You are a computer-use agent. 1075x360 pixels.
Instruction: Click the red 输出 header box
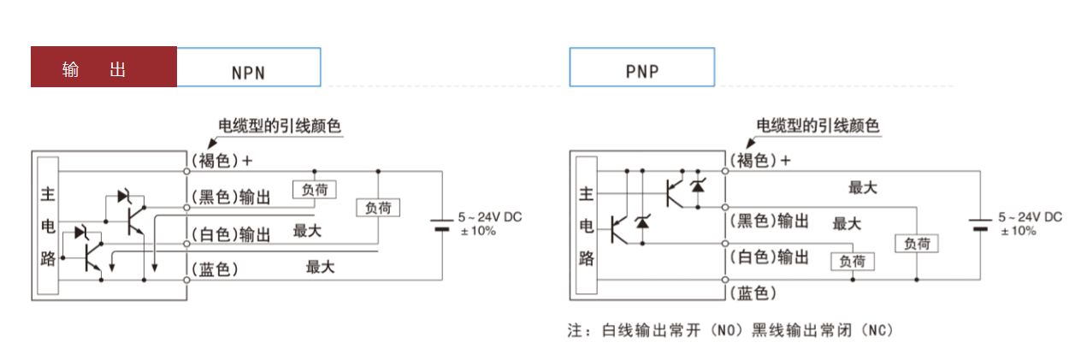pos(103,67)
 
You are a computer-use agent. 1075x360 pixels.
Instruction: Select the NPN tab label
pos(248,72)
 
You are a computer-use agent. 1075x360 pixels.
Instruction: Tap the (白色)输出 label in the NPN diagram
pos(230,234)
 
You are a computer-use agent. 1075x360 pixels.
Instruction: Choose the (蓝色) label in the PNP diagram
pos(753,293)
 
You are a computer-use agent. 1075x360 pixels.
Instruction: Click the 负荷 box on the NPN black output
pos(314,190)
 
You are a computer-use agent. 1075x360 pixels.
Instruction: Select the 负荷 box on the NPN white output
pos(378,208)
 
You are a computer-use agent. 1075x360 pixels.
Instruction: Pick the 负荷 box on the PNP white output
pos(853,261)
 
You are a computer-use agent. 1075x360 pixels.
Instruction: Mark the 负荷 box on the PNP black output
pos(916,243)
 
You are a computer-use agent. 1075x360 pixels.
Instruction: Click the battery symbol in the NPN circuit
pos(441,225)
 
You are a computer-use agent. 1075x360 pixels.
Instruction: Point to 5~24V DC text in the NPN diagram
pos(489,217)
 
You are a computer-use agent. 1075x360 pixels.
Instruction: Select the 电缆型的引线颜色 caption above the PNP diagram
pos(818,127)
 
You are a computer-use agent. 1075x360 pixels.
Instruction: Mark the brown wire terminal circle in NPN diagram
pos(187,171)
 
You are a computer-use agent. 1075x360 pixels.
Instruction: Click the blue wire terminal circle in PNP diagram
pos(725,280)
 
